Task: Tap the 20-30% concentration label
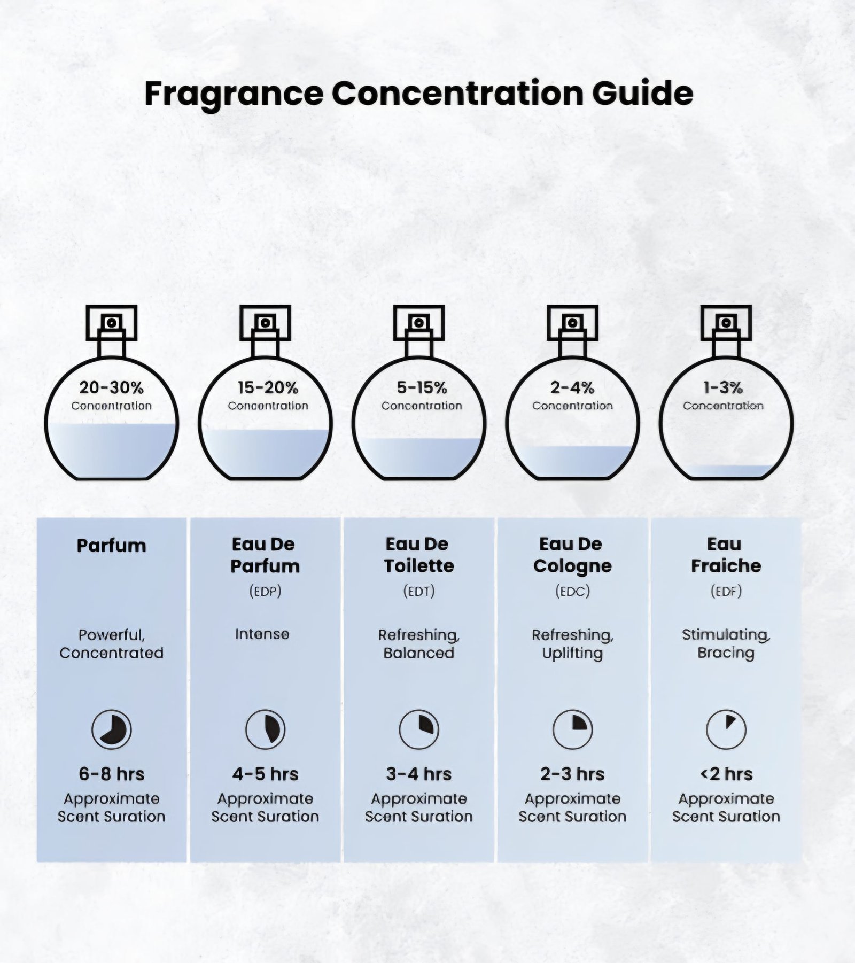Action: coord(111,387)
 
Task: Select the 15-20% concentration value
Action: coord(268,387)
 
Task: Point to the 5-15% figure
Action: coord(422,387)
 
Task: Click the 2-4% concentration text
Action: coord(572,387)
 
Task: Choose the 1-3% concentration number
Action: coord(723,387)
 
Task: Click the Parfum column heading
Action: coord(111,546)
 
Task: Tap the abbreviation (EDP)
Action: coord(265,591)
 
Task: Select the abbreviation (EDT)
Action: coord(419,591)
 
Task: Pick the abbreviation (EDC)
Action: coord(572,591)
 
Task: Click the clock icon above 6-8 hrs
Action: coord(111,729)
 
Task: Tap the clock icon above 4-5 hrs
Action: coord(265,729)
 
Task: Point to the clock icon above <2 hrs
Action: coord(726,729)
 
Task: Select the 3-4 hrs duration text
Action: coord(419,774)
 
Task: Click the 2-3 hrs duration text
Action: coord(572,774)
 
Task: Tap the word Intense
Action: coord(262,634)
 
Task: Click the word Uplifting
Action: coord(572,654)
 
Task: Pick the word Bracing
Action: coord(726,653)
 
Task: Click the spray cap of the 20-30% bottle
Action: coord(112,323)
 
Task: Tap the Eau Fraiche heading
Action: coord(726,555)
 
